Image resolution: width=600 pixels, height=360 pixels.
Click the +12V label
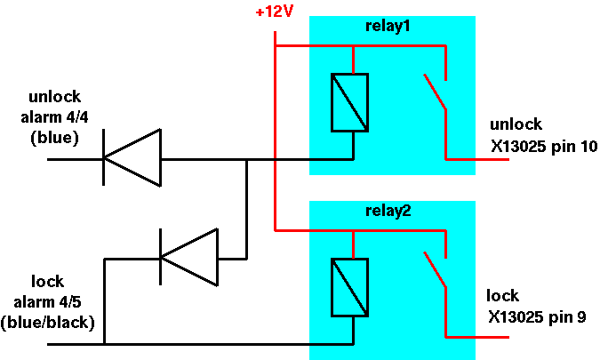pyautogui.click(x=274, y=12)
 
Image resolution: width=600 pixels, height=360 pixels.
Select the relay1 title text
pyautogui.click(x=388, y=26)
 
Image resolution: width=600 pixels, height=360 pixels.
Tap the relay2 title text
pyautogui.click(x=388, y=211)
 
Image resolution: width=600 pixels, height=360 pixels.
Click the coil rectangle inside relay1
pyautogui.click(x=349, y=102)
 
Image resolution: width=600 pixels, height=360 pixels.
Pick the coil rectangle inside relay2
pyautogui.click(x=349, y=287)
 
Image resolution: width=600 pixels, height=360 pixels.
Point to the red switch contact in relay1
pyautogui.click(x=435, y=92)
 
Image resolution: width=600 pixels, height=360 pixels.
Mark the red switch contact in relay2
pyautogui.click(x=435, y=269)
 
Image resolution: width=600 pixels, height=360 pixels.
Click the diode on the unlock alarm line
pyautogui.click(x=132, y=157)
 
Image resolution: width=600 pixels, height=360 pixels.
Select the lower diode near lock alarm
pyautogui.click(x=189, y=257)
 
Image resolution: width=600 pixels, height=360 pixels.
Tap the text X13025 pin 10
pyautogui.click(x=544, y=146)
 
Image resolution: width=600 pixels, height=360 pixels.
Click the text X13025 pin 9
pyautogui.click(x=537, y=316)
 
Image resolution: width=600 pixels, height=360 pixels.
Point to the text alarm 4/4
pyautogui.click(x=54, y=117)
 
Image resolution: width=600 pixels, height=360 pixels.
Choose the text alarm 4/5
pyautogui.click(x=47, y=302)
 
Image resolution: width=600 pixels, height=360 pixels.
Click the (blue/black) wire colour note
pyautogui.click(x=47, y=323)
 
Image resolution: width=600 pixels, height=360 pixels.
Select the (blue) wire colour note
pyautogui.click(x=54, y=138)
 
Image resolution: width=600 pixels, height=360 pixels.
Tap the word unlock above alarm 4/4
pyautogui.click(x=55, y=96)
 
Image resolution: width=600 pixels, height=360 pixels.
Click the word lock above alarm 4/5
pyautogui.click(x=47, y=282)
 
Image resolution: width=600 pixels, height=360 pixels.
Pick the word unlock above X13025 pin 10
pyautogui.click(x=516, y=124)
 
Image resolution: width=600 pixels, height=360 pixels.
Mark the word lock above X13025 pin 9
pyautogui.click(x=502, y=296)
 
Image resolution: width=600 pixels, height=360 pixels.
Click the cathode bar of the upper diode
pyautogui.click(x=103, y=157)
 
